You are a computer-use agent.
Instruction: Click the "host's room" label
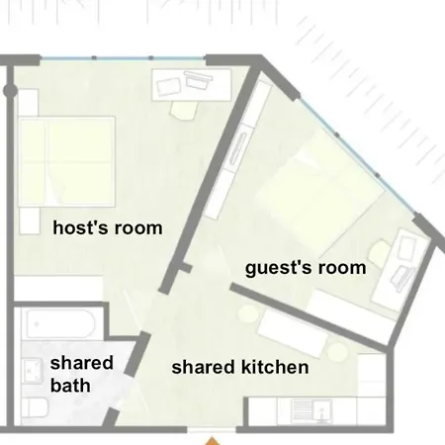click(x=108, y=228)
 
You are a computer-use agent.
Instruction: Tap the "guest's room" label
click(x=306, y=268)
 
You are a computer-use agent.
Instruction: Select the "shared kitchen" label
click(x=240, y=367)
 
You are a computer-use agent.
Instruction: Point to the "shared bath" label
click(x=82, y=374)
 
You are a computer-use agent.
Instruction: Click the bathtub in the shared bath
click(x=61, y=323)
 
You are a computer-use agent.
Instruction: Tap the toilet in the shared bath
click(x=34, y=408)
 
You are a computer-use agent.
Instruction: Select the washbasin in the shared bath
click(x=32, y=372)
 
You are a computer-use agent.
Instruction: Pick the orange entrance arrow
click(x=213, y=441)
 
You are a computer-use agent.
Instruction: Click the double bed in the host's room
click(x=66, y=161)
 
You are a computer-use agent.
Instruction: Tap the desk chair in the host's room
click(x=184, y=110)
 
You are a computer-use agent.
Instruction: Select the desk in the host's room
click(x=191, y=85)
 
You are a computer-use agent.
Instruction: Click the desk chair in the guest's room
click(x=381, y=253)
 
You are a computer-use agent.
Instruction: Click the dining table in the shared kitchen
click(x=293, y=332)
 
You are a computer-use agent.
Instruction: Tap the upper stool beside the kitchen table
click(x=248, y=313)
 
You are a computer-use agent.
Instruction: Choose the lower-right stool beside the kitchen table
click(x=337, y=352)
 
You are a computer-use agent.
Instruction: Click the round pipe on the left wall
click(x=10, y=90)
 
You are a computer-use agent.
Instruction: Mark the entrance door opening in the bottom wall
click(x=212, y=429)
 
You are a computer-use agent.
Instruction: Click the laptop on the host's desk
click(x=168, y=87)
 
